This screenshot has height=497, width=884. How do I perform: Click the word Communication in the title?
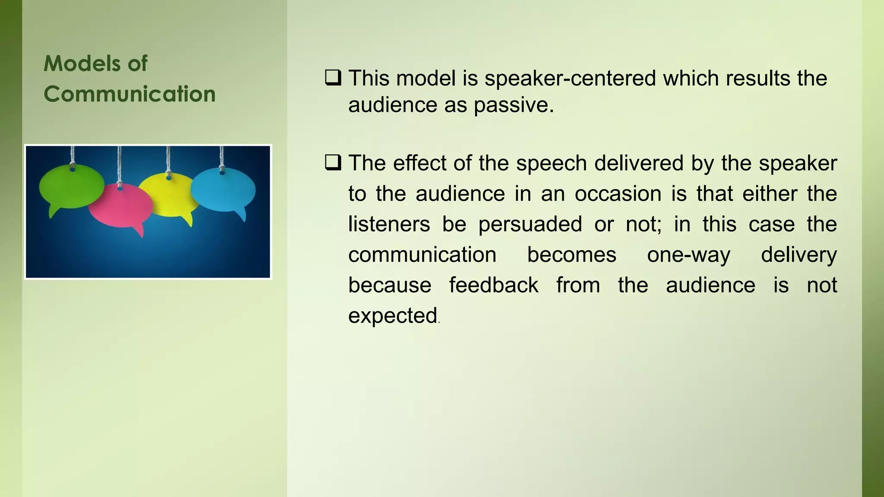tap(129, 94)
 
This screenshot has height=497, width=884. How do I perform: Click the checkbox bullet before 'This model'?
tap(333, 78)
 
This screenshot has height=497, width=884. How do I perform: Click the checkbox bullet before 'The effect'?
tap(333, 163)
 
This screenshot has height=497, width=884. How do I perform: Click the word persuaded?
tap(530, 224)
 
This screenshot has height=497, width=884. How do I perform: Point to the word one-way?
tap(688, 255)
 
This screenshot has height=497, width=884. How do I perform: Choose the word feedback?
tap(493, 285)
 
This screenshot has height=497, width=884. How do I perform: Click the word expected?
tap(393, 316)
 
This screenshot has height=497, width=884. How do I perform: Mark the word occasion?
tap(618, 194)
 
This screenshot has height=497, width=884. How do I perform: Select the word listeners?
tap(389, 224)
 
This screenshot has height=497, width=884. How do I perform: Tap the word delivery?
tap(799, 255)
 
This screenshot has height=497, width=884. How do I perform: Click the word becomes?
tap(571, 255)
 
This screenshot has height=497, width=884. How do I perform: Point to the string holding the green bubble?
tap(73, 155)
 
